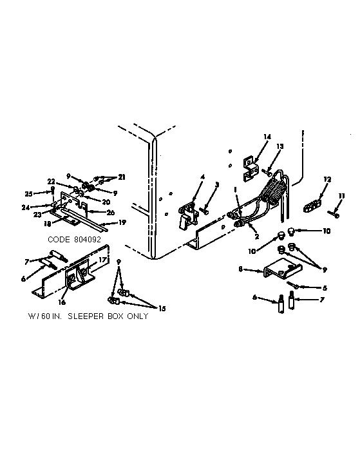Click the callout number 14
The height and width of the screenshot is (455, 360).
tap(267, 137)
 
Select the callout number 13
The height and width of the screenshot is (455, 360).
tap(279, 146)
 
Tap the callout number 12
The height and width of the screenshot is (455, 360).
tap(327, 180)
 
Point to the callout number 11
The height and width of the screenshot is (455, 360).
tap(342, 196)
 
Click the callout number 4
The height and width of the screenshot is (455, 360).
tap(203, 177)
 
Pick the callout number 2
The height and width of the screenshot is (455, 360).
tap(257, 237)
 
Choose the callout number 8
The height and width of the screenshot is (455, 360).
tap(240, 269)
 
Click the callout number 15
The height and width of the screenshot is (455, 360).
tap(162, 308)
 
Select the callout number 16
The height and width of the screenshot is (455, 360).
tap(62, 302)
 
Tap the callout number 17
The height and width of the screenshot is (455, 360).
tap(102, 260)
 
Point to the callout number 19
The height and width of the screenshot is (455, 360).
tap(122, 222)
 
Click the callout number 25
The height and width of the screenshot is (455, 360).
tap(28, 193)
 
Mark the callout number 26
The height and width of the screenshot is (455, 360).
tap(110, 213)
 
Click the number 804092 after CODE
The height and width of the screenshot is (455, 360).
tap(87, 240)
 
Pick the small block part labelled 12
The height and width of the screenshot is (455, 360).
tap(312, 206)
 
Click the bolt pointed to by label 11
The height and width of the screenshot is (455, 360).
tap(334, 214)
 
